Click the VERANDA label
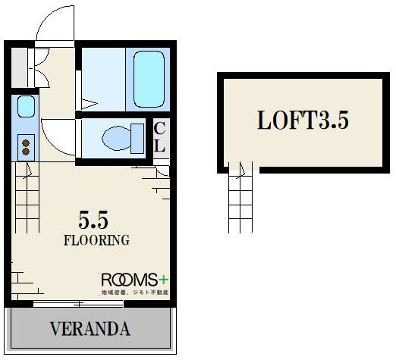click(90, 329)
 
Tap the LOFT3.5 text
click(303, 121)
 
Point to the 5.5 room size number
click(93, 221)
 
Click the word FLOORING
click(96, 240)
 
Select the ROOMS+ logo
click(135, 280)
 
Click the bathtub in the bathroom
click(149, 80)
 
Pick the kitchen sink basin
click(26, 106)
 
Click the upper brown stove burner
click(26, 143)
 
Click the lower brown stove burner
click(26, 152)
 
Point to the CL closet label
click(159, 137)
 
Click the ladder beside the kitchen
click(27, 197)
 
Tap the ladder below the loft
click(240, 197)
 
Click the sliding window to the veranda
click(78, 304)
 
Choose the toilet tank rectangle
click(137, 139)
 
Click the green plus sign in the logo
click(164, 280)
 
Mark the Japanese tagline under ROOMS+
click(135, 293)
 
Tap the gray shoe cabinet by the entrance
click(20, 67)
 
